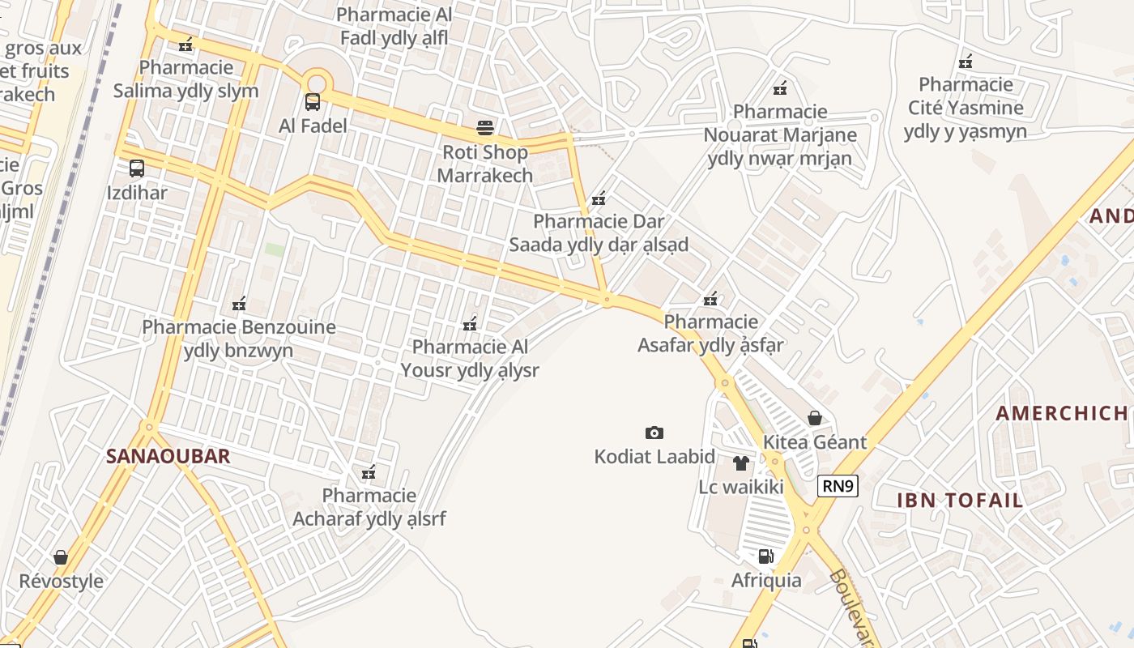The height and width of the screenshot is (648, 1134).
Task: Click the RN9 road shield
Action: [x=837, y=486]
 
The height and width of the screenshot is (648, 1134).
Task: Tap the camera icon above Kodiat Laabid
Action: [x=654, y=433]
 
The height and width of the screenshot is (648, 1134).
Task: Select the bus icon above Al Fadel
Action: [x=312, y=102]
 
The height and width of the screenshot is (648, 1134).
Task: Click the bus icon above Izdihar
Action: [x=137, y=168]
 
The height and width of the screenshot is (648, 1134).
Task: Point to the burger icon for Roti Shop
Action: [x=485, y=128]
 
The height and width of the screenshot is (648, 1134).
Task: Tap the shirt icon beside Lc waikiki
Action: [x=740, y=463]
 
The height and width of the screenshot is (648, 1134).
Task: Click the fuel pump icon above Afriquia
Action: [x=765, y=556]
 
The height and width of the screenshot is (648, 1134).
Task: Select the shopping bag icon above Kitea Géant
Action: [x=815, y=418]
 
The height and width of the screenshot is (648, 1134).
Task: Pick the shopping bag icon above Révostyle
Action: [x=61, y=557]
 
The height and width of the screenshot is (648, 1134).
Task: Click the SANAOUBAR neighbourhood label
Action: [x=168, y=456]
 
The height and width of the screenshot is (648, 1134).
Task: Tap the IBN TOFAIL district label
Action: [x=960, y=500]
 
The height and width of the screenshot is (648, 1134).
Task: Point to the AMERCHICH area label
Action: [x=1061, y=413]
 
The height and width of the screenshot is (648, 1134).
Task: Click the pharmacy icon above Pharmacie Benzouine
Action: [x=239, y=305]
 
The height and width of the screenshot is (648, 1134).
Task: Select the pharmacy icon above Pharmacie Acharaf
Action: [x=369, y=471]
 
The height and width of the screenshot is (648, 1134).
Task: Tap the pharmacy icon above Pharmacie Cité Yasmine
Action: [x=965, y=61]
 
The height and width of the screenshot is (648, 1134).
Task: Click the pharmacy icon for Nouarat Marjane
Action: [x=780, y=87]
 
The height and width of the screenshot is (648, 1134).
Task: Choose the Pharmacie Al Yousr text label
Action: [x=470, y=359]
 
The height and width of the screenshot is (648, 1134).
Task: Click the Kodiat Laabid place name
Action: [x=654, y=457]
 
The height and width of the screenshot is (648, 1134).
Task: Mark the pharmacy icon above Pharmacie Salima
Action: [x=186, y=44]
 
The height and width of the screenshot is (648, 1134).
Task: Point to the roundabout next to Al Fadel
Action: [x=316, y=83]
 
